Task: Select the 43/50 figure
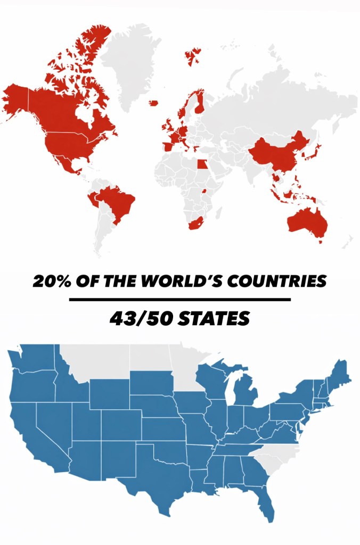pyautogui.click(x=137, y=319)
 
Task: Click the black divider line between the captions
pyautogui.click(x=180, y=300)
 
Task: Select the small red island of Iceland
pyautogui.click(x=154, y=103)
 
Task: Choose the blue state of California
pyautogui.click(x=27, y=431)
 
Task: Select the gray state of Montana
pyautogui.click(x=96, y=362)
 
